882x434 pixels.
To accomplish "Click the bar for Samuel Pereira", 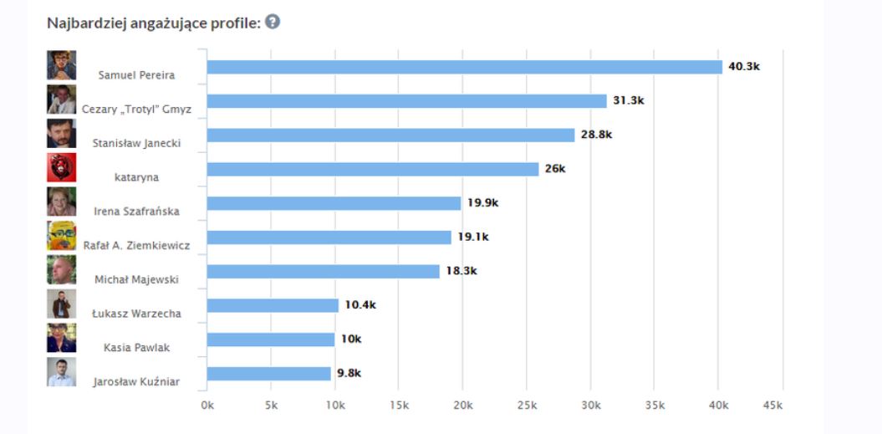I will pos(464,67).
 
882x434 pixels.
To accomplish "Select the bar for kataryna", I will pos(373,169).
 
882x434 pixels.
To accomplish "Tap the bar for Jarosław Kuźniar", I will pos(269,374).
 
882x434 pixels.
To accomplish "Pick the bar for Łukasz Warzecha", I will pos(273,305).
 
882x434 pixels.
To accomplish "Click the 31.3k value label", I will pos(628,100).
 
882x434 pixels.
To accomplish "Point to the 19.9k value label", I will pos(483,203).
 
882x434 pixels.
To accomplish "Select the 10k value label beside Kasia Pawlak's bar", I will pos(351,339).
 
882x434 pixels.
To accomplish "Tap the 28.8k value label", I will pos(596,135).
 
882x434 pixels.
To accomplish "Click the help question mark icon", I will pos(273,22).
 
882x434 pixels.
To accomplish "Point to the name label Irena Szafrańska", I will pos(137,211).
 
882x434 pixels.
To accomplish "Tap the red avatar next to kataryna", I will pos(62,167).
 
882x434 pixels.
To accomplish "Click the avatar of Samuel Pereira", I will pos(62,65).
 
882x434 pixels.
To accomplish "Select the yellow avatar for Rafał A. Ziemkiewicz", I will pos(62,236).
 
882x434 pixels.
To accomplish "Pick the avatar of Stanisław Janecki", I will pos(62,133).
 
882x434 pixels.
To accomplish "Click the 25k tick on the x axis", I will pos(527,406).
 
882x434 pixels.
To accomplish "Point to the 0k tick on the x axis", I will pos(207,406).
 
